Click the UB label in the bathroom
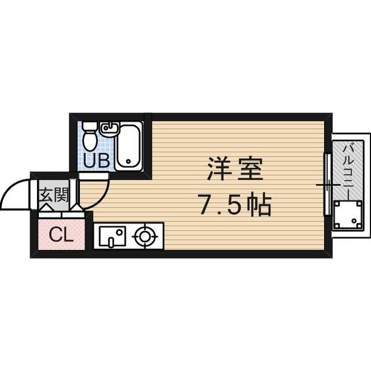point(96,160)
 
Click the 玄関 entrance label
point(53,195)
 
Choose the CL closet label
point(60,235)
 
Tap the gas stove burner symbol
point(144,236)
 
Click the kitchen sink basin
point(112,237)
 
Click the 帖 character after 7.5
point(257,204)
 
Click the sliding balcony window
point(328,185)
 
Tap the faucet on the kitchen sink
point(120,233)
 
